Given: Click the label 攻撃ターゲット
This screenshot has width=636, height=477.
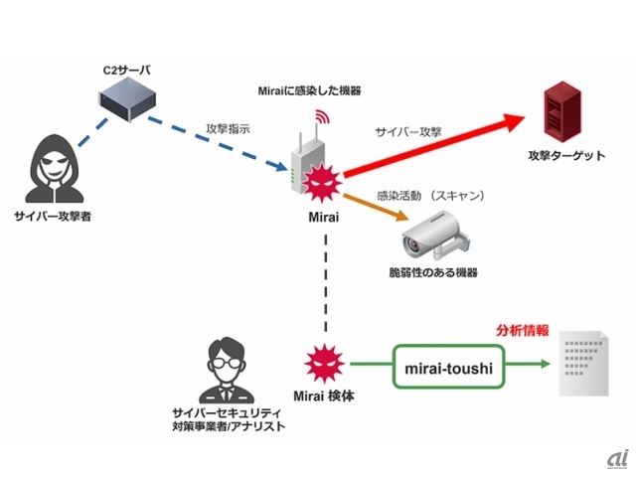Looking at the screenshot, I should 566,157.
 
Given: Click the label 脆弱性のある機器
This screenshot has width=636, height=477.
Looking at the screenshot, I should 432,271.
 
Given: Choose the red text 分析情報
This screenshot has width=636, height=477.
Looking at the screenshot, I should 522,329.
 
